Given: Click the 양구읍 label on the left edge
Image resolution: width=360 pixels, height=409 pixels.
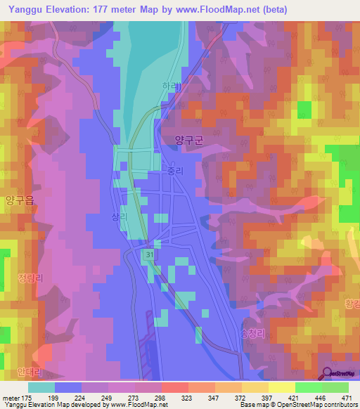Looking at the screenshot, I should pos(19,200).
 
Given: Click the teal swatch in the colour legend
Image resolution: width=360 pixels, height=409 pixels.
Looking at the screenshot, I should pos(41,387).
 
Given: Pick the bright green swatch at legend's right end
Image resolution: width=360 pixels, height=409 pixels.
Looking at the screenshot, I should pos(335,387).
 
